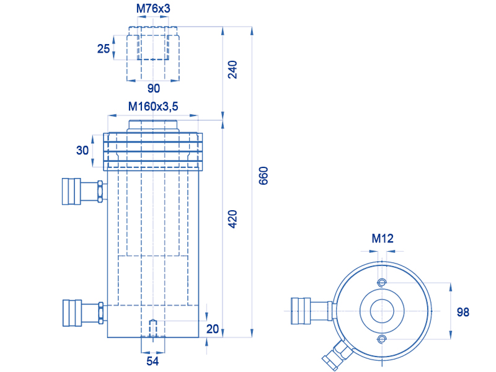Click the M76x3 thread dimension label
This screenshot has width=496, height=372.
click(153, 9)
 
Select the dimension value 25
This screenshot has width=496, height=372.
click(104, 49)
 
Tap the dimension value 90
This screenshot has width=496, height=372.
click(154, 88)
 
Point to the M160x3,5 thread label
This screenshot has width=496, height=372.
click(153, 107)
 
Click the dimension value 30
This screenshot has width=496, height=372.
click(82, 150)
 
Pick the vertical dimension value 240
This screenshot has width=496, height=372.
click(232, 69)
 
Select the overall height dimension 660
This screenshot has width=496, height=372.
click(263, 175)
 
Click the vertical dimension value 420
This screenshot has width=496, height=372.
click(232, 219)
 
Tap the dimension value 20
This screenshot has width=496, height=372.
click(213, 329)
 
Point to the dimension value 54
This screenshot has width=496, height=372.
click(153, 361)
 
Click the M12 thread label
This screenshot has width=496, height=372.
click(383, 239)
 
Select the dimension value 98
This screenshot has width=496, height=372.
click(463, 312)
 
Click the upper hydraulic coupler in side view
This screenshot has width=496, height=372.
click(83, 192)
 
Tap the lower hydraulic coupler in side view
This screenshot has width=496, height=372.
click(84, 313)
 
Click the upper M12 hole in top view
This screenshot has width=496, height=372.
click(382, 283)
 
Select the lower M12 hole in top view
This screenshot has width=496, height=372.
click(382, 339)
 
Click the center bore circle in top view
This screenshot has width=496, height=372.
click(382, 311)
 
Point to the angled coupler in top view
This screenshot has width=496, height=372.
click(337, 355)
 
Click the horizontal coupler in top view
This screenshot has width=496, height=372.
click(312, 311)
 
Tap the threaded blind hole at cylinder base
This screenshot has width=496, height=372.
click(153, 329)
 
